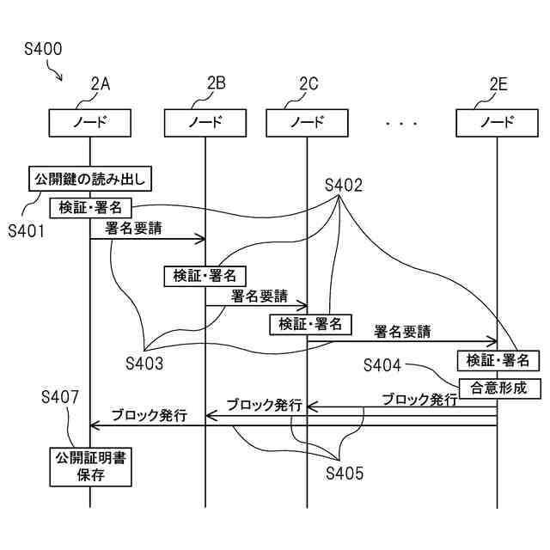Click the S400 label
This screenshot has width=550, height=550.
(43, 49)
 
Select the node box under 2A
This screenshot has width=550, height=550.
(89, 123)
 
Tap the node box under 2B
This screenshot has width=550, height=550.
(205, 123)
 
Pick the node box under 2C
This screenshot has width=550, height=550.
(307, 123)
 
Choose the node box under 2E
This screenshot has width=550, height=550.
(497, 123)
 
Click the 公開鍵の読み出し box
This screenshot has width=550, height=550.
(90, 179)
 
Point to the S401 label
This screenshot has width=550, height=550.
(27, 231)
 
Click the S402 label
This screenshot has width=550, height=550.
(344, 186)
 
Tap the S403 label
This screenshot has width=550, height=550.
(144, 364)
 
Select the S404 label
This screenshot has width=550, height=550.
(382, 365)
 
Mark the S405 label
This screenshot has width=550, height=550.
(345, 474)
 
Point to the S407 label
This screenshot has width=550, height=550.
(59, 397)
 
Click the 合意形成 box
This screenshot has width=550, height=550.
(500, 388)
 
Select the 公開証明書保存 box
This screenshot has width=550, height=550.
(90, 467)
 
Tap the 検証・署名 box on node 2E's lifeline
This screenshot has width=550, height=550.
(498, 361)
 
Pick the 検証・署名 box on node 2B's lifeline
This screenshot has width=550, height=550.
(205, 277)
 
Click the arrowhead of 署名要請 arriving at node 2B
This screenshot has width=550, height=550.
(200, 239)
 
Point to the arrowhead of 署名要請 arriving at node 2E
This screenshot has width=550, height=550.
(492, 341)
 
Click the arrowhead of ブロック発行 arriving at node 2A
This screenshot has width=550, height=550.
(95, 426)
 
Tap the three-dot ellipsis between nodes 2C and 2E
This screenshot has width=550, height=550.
(401, 124)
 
